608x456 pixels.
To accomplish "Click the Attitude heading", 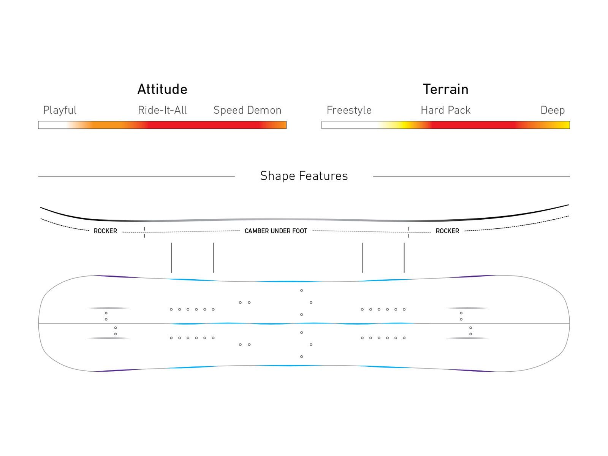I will pyautogui.click(x=162, y=89).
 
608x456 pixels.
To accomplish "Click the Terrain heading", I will pyautogui.click(x=445, y=89).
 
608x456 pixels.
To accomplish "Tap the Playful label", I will pyautogui.click(x=60, y=110).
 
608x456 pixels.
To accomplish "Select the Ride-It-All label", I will pyautogui.click(x=162, y=110).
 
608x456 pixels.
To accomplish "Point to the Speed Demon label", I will pyautogui.click(x=247, y=110).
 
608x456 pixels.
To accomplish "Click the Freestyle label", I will pyautogui.click(x=349, y=110).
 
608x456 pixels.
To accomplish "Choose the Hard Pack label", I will pyautogui.click(x=445, y=110).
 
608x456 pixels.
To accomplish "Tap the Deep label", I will pyautogui.click(x=553, y=110).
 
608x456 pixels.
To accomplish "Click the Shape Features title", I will pyautogui.click(x=304, y=176).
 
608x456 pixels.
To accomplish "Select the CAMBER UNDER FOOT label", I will pyautogui.click(x=275, y=231).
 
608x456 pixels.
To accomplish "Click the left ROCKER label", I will pyautogui.click(x=105, y=231).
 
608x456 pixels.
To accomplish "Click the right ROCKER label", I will pyautogui.click(x=447, y=231).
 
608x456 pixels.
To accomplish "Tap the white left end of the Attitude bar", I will pyautogui.click(x=51, y=125).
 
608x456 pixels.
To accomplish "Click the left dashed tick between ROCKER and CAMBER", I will pyautogui.click(x=144, y=232).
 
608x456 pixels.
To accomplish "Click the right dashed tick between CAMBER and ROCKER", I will pyautogui.click(x=408, y=232).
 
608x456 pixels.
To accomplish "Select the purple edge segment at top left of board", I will pyautogui.click(x=116, y=277).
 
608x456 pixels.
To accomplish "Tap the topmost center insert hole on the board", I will pyautogui.click(x=301, y=290).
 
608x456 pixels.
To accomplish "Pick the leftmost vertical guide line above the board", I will pyautogui.click(x=171, y=258).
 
